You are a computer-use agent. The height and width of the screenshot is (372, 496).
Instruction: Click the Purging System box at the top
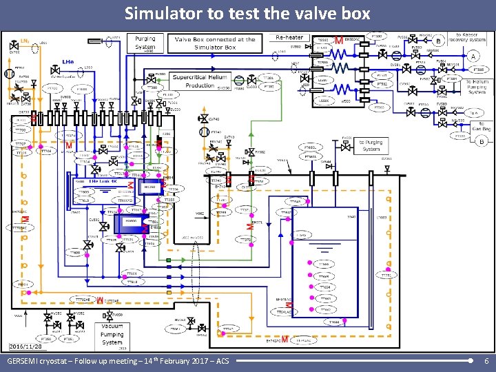pyautogui.click(x=145, y=42)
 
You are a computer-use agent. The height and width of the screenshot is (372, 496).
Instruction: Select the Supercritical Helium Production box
pyautogui.click(x=200, y=81)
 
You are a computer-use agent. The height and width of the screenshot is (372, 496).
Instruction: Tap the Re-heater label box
pyautogui.click(x=290, y=37)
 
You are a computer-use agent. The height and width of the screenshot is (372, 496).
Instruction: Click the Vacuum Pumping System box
pyautogui.click(x=112, y=333)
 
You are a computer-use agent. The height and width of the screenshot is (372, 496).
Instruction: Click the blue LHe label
pyautogui.click(x=68, y=62)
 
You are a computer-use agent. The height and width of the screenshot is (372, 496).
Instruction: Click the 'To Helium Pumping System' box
pyautogui.click(x=476, y=87)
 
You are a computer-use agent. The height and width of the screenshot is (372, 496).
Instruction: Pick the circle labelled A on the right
pyautogui.click(x=473, y=56)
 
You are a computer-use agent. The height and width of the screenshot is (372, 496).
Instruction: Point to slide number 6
pyautogui.click(x=486, y=361)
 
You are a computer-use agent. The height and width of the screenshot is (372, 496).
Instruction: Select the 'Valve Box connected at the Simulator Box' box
pyautogui.click(x=215, y=43)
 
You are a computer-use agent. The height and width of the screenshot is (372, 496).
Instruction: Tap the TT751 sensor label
pyautogui.click(x=385, y=275)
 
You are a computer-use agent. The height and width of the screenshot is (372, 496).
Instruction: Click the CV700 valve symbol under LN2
pyautogui.click(x=14, y=47)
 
